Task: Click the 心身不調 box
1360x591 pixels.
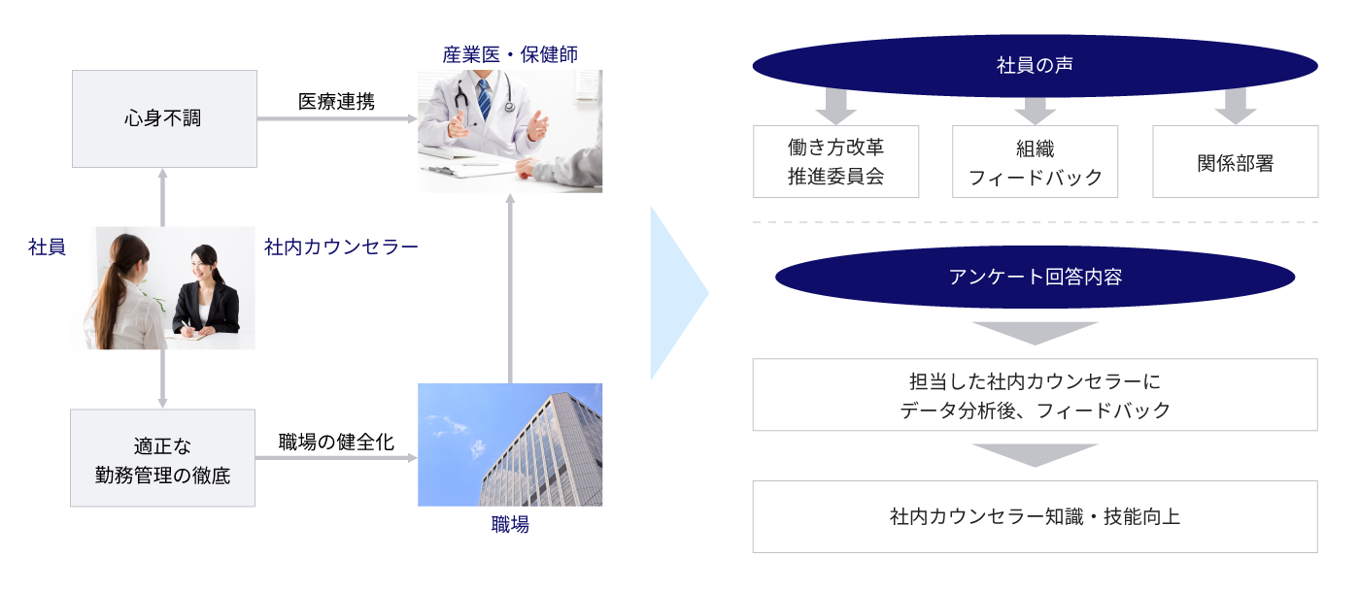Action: point(163,118)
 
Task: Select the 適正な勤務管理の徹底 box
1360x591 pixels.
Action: point(163,458)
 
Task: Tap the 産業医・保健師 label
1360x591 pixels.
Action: point(510,54)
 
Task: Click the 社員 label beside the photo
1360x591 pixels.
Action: point(47,247)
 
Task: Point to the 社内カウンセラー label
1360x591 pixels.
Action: point(341,247)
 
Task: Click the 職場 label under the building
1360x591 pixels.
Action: point(510,526)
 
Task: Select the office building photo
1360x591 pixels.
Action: point(510,444)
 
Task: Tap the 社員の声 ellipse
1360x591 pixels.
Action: point(1035,66)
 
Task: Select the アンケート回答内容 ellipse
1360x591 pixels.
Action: point(1035,277)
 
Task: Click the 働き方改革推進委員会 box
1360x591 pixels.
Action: point(835,161)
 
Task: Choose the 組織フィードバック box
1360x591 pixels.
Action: point(1035,161)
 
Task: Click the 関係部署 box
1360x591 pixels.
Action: point(1235,161)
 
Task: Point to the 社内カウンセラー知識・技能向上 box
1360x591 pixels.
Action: point(1035,516)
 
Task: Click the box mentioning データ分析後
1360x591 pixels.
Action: point(1035,395)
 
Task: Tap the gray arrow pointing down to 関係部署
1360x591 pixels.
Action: point(1235,105)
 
